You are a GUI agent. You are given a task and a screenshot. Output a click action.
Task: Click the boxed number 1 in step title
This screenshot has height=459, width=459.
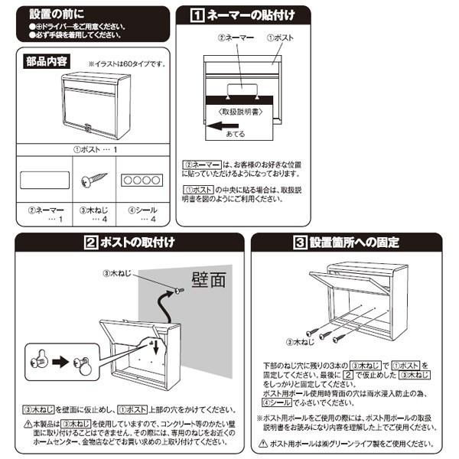pyautogui.click(x=197, y=15)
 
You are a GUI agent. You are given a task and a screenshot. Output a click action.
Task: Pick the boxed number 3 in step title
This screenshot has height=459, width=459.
pyautogui.click(x=301, y=243)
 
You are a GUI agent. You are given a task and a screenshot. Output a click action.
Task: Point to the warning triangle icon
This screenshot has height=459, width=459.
pyautogui.click(x=28, y=423)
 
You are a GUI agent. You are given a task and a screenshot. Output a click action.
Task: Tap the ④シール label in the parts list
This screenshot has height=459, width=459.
pyautogui.click(x=137, y=208)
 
